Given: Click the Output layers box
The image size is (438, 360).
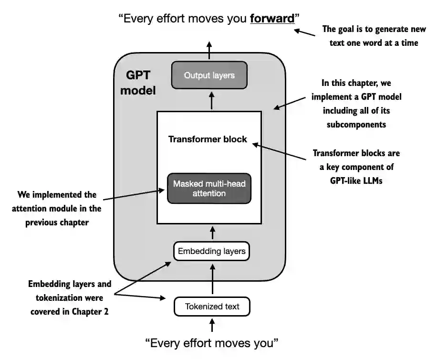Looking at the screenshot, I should [x=209, y=75].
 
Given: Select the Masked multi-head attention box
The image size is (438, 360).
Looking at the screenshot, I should [x=209, y=188].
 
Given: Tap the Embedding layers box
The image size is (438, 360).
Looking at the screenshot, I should [x=211, y=251].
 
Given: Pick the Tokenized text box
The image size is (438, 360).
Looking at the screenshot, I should [x=212, y=307].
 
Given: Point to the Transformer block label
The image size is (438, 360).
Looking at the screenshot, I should [x=208, y=139].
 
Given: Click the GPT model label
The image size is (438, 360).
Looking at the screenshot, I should [x=138, y=83].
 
